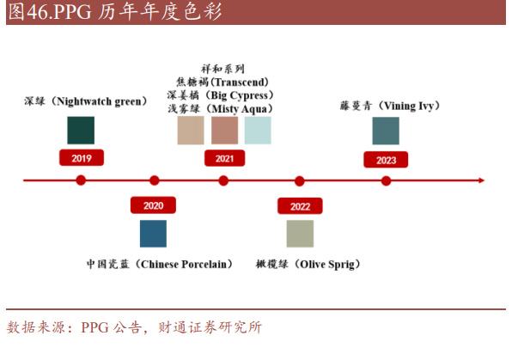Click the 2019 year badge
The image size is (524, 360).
pos(82,158)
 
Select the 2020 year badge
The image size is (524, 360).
pos(153,205)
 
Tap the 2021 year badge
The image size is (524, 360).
pos(224,158)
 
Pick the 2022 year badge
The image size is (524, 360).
pos(300,206)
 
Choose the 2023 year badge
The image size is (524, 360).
pos(386,160)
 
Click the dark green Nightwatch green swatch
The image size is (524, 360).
pos(81,131)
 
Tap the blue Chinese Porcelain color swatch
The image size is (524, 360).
pos(153,234)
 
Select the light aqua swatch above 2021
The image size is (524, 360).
pos(258,131)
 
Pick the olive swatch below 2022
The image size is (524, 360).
pos(300,234)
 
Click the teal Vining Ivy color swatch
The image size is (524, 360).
pos(386,131)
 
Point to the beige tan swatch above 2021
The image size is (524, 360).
pos(191,131)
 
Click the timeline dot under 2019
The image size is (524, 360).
pos(81,180)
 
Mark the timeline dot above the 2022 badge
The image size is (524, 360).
pos(300,181)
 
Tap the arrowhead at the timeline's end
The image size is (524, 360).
pos(482,180)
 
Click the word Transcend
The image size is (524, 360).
pos(240,82)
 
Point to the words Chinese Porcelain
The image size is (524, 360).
pos(184,265)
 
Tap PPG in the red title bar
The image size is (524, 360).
pos(72,12)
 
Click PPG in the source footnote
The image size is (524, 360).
pos(94,327)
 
